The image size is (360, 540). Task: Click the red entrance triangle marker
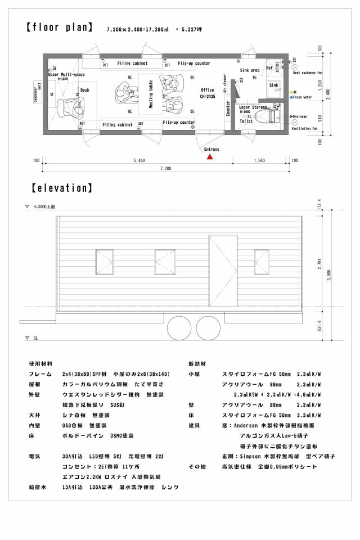(209, 157)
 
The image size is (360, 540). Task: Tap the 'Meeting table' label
(151, 94)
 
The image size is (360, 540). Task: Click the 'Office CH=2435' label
(208, 93)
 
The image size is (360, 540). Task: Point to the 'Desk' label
(85, 90)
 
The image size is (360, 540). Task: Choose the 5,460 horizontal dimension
(139, 161)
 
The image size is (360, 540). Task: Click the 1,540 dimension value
(259, 161)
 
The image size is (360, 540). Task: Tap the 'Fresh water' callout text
(302, 97)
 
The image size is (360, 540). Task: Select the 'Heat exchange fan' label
(308, 73)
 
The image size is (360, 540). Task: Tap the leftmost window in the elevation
(104, 262)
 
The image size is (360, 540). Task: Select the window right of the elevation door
(262, 262)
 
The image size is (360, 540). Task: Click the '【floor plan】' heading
(59, 28)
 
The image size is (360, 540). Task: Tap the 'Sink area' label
(249, 70)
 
